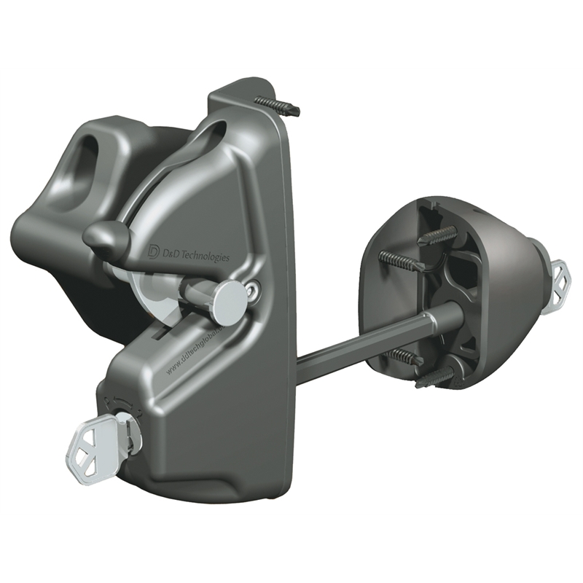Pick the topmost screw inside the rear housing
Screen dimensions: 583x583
438,235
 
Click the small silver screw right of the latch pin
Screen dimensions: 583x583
254,291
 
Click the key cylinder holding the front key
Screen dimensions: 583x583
128,431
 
